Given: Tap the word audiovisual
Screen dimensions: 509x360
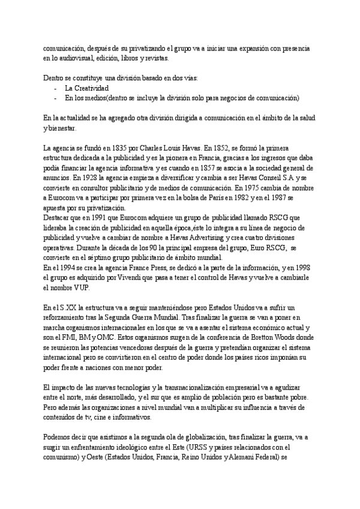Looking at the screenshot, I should [79, 58].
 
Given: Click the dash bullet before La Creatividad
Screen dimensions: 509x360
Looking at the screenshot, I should [55, 88].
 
